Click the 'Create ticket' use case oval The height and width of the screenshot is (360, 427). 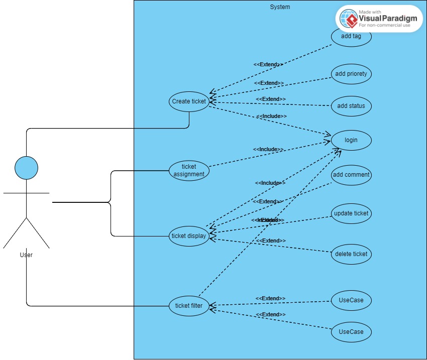pos(189,101)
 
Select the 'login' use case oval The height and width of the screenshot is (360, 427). pos(351,140)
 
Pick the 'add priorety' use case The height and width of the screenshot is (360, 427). pos(351,74)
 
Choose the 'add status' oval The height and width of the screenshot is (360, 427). pos(351,106)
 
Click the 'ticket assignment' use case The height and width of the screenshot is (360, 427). pos(189,170)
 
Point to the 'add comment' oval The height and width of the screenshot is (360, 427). pos(351,175)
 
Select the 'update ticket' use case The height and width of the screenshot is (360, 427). pos(351,213)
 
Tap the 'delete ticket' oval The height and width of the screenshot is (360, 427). pos(351,254)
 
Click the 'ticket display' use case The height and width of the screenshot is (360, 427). pos(189,236)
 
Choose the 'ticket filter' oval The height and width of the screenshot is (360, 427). pos(189,306)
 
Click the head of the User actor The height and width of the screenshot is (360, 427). pos(26,168)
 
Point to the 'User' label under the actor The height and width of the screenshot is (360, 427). pos(26,255)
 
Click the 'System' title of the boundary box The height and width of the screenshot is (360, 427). pos(280,7)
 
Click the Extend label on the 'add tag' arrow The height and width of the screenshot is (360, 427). pos(268,65)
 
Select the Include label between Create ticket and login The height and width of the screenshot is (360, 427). pos(272,116)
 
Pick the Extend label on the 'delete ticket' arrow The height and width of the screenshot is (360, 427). pos(271,241)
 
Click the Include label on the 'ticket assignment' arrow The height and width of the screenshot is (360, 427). pos(268,150)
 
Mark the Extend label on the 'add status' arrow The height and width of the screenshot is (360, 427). pos(271,99)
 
